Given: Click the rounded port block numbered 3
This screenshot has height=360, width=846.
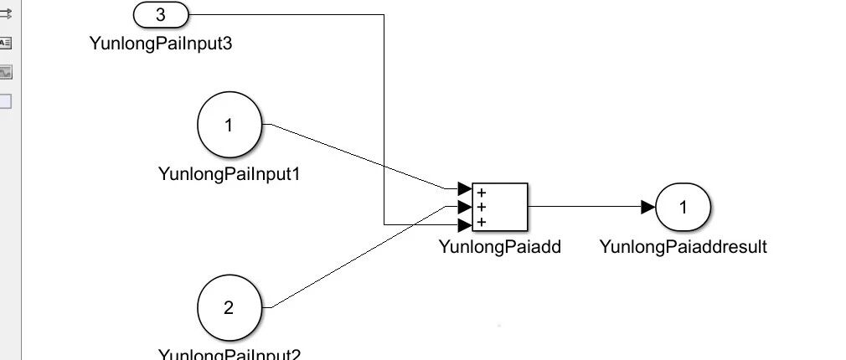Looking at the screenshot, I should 161,14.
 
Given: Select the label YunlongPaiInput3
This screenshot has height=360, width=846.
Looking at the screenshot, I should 161,42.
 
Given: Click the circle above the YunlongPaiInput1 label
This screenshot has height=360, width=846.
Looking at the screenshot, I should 229,126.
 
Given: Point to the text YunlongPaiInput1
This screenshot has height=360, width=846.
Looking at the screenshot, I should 229,174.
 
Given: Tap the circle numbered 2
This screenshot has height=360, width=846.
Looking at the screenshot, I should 229,307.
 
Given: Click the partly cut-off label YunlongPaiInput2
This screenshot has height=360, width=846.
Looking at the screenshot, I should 229,354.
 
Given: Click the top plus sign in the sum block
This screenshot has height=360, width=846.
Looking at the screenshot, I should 482,193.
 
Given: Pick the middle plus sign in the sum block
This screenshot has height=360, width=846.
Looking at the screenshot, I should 482,207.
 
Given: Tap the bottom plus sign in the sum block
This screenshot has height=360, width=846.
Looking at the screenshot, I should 482,222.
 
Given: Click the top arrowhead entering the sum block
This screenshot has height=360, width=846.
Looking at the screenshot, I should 464,188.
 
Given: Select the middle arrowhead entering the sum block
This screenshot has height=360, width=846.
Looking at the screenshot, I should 464,206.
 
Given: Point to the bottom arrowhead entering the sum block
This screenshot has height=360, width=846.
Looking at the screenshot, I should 464,224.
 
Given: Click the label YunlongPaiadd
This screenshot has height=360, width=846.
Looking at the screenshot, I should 499,246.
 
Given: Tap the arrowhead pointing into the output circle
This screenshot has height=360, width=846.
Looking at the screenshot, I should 647,207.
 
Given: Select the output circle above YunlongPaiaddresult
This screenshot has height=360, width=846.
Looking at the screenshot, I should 683,207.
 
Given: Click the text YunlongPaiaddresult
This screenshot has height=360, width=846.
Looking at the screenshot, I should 683,246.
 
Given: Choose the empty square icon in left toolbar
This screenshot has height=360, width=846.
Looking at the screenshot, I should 5,101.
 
